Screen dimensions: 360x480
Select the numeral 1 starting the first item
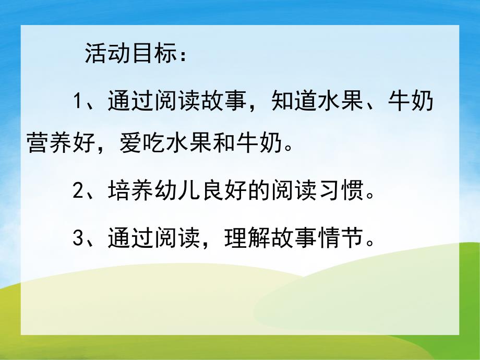pos(78,101)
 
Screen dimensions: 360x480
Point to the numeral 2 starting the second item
pos(78,190)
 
